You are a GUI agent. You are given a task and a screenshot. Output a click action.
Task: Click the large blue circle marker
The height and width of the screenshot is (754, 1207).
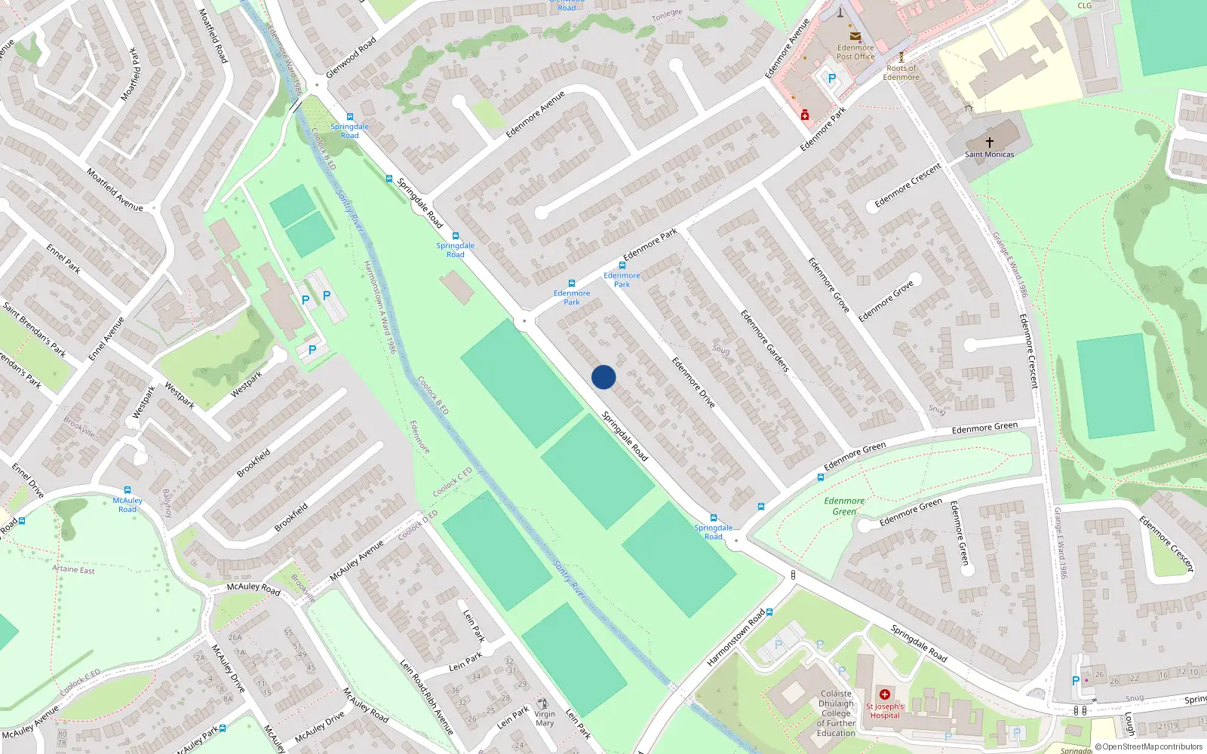[x=603, y=377]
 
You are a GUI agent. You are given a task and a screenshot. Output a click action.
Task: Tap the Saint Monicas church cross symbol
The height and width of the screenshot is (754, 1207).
[x=989, y=142]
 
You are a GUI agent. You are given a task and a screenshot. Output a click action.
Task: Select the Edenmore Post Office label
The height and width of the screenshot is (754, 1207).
[x=855, y=52]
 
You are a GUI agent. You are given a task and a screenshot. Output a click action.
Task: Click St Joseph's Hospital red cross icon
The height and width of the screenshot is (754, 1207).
[x=885, y=694]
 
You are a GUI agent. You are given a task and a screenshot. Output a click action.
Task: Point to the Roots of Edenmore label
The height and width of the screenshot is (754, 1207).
[x=901, y=72]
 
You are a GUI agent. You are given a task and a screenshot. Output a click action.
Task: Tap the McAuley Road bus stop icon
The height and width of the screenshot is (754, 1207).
[x=127, y=490]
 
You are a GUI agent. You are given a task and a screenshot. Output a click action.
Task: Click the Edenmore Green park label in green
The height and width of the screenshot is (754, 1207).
[x=844, y=506]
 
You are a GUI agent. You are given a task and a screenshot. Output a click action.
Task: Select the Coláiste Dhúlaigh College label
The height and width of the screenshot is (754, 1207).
[x=836, y=713]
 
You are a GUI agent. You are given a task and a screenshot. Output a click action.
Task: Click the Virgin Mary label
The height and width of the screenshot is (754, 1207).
[x=545, y=718]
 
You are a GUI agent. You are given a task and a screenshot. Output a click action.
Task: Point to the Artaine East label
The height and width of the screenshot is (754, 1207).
[x=73, y=569]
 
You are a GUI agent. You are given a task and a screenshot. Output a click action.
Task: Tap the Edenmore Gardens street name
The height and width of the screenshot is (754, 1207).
[x=764, y=341]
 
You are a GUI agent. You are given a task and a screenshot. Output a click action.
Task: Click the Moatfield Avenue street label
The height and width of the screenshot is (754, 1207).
[x=115, y=189]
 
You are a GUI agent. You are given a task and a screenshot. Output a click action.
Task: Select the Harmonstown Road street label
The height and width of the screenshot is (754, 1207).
[x=736, y=639]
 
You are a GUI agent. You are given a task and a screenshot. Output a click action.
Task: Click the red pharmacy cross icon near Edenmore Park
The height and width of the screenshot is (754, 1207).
[x=805, y=115]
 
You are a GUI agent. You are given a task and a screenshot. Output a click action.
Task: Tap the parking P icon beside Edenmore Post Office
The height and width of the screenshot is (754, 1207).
[x=832, y=78]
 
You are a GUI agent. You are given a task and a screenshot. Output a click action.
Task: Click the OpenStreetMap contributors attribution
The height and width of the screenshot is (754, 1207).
[x=1148, y=746]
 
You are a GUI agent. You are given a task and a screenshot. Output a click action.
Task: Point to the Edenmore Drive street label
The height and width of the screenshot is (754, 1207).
[x=693, y=382]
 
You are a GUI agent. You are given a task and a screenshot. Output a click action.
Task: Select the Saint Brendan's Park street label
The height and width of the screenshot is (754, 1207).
[x=34, y=329]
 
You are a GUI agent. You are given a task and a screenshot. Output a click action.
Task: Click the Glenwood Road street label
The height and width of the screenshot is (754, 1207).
[x=351, y=58]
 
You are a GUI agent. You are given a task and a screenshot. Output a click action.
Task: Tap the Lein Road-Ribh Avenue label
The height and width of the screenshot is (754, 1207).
[x=426, y=698]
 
